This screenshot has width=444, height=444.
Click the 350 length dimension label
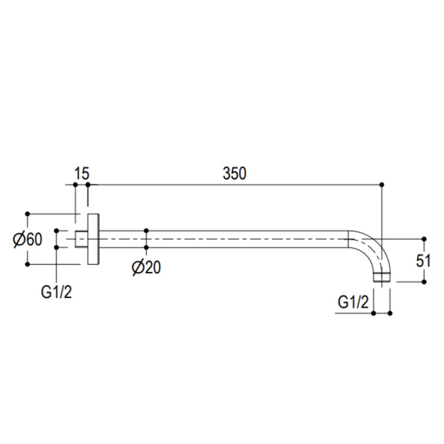[234, 174]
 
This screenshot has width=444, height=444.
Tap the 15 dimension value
[82, 174]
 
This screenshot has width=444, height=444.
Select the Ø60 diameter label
[28, 239]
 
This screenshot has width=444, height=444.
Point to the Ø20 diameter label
[146, 267]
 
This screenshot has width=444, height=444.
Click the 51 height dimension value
[423, 261]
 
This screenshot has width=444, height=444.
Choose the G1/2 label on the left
[56, 292]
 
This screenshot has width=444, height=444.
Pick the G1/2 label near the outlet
[353, 302]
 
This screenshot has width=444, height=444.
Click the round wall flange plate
[93, 239]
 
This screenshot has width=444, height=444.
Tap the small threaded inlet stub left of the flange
[81, 239]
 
